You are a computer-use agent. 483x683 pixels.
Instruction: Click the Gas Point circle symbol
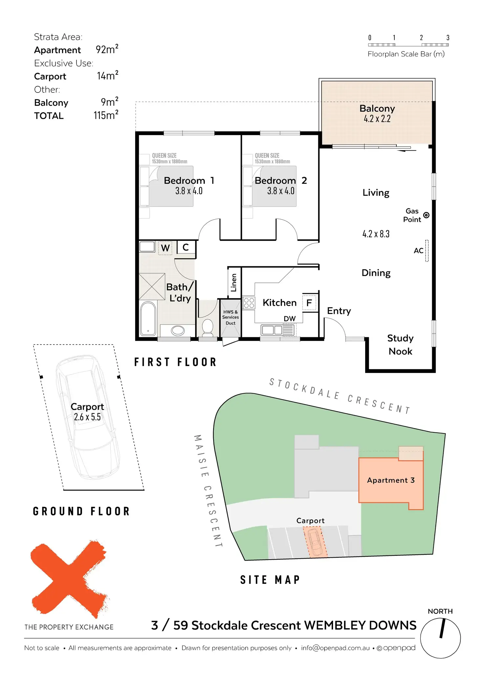(426, 215)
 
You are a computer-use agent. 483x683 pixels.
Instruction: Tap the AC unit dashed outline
(427, 251)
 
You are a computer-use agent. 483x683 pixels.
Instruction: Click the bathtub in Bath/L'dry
(148, 319)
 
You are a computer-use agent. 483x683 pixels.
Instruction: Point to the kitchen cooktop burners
(249, 303)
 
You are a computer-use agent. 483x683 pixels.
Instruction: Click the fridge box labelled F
(309, 302)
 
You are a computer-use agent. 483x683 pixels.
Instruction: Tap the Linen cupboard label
(234, 282)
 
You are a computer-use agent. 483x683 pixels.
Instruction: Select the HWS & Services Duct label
(230, 317)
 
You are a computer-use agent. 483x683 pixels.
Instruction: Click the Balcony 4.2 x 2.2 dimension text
(377, 119)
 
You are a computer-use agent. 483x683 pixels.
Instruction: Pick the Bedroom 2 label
(281, 180)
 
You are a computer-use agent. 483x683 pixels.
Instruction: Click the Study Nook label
(400, 344)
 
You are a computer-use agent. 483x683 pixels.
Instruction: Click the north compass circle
(440, 638)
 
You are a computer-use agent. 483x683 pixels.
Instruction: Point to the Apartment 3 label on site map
(391, 480)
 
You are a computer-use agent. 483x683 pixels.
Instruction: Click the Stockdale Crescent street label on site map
(340, 396)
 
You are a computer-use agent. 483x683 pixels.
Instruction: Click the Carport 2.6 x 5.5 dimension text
(87, 417)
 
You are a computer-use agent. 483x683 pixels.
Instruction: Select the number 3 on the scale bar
(448, 38)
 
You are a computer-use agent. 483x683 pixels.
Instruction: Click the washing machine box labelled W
(165, 248)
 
